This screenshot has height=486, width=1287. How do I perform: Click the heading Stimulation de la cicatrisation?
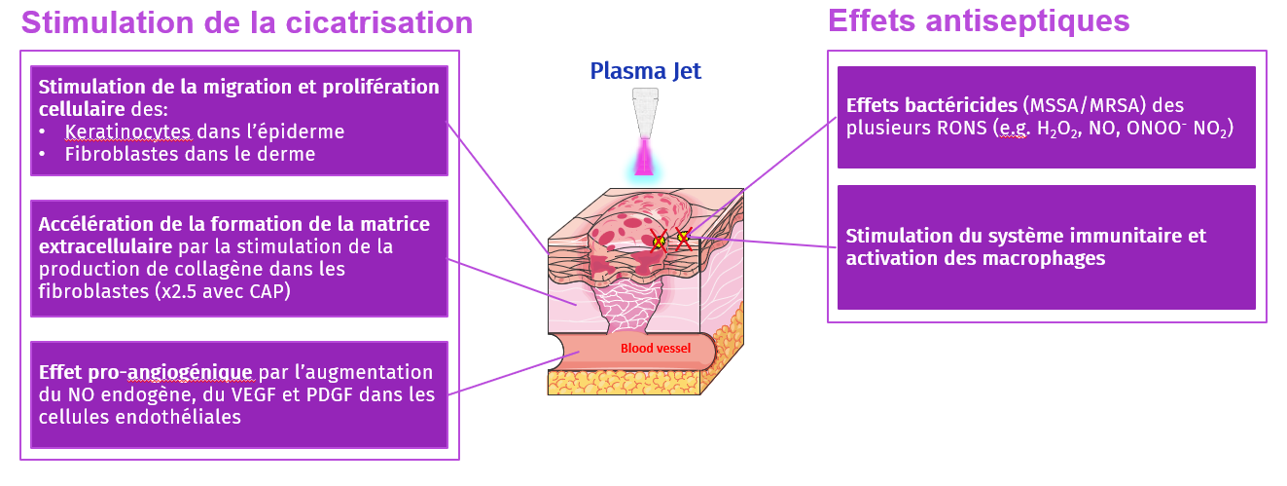pos(247,23)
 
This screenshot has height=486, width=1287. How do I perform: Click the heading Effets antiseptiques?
pos(978,20)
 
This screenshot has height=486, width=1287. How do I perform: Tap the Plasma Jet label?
pos(645,70)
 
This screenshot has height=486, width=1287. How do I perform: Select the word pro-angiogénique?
pos(173,372)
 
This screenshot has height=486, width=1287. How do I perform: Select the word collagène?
pos(209,268)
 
